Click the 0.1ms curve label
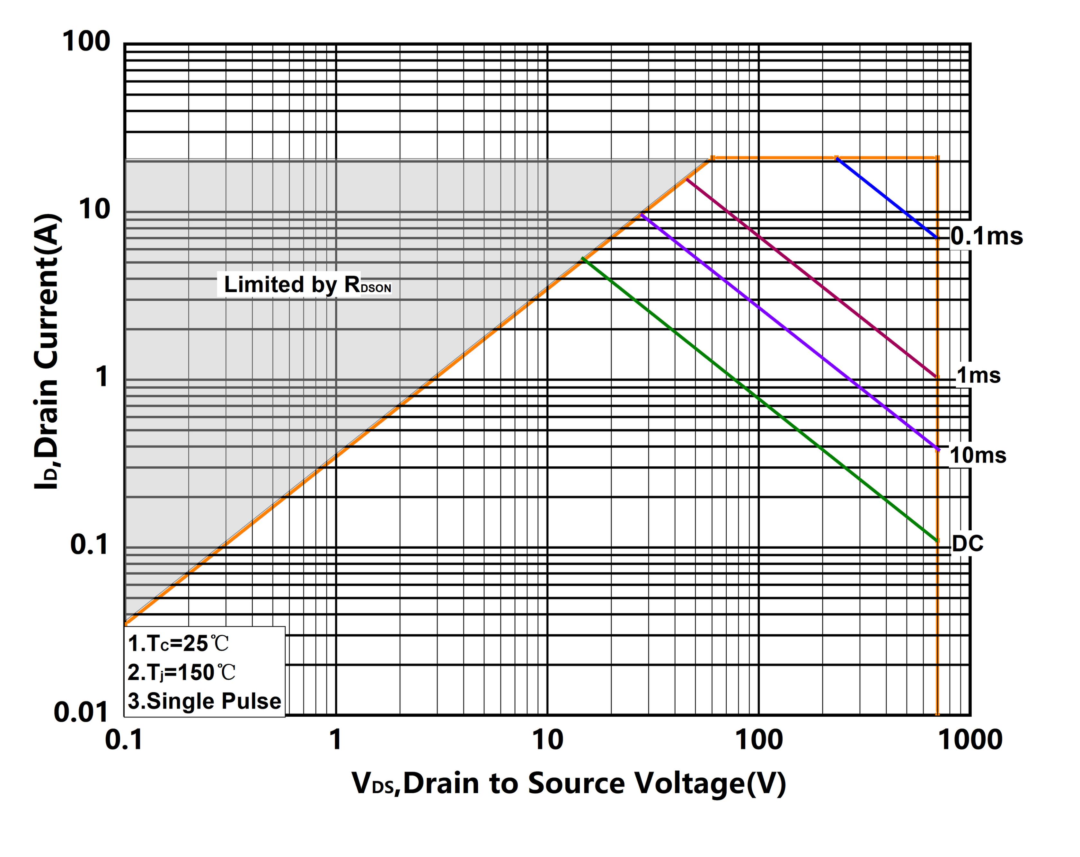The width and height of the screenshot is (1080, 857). (986, 236)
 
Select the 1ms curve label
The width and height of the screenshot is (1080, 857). (978, 375)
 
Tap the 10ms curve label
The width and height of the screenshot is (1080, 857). (977, 455)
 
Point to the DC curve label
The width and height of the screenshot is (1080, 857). (967, 543)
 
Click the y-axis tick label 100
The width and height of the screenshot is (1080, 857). (86, 41)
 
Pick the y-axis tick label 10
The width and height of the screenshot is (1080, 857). (94, 209)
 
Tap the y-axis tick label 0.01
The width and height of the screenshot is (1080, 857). (81, 712)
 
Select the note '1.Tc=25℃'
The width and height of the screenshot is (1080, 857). (178, 644)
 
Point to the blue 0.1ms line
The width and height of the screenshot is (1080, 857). (887, 198)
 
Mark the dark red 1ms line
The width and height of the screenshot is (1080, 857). (811, 278)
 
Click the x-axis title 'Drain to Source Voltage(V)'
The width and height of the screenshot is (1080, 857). (569, 783)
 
